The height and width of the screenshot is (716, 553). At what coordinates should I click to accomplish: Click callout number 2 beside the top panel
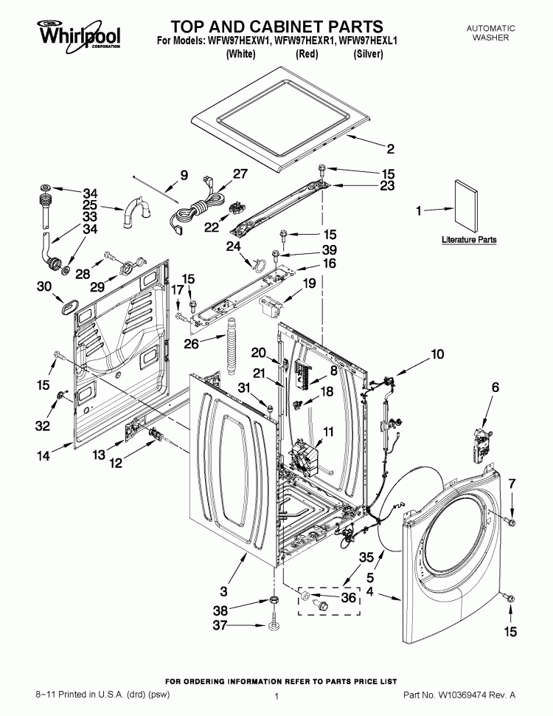[390, 149]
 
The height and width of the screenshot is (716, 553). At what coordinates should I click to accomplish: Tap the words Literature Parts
[469, 240]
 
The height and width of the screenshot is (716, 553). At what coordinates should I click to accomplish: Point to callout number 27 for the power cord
[220, 174]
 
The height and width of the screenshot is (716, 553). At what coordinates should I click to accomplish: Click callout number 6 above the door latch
[495, 386]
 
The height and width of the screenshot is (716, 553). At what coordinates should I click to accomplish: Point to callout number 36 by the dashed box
[348, 598]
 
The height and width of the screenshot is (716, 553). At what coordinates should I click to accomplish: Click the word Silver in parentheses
[368, 55]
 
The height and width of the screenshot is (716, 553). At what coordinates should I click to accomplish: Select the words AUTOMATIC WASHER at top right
[490, 32]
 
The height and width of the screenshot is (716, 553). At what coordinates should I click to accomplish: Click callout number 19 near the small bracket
[309, 283]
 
